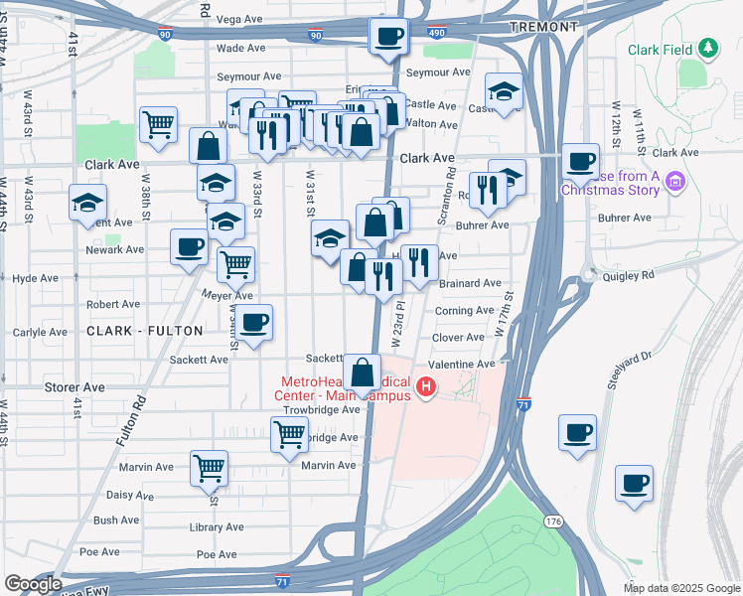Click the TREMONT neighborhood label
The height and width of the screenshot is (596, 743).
542,27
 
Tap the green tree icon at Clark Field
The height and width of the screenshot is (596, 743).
707,48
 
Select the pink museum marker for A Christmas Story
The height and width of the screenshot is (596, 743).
676,181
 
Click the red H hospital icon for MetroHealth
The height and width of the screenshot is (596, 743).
426,386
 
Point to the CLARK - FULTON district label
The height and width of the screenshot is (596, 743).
145,330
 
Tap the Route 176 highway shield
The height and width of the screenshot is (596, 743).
553,521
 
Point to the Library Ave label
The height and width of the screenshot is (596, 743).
217,527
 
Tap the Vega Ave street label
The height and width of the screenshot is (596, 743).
238,19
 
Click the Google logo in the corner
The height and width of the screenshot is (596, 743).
33,584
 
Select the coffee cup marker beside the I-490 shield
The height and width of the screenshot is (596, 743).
388,38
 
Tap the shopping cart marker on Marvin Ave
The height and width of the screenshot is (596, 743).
209,468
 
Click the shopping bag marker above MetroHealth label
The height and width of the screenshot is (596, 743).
363,373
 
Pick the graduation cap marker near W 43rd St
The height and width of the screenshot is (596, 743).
87,203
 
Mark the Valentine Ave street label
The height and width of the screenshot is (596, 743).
462,365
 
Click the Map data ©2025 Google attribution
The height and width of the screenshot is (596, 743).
680,588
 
